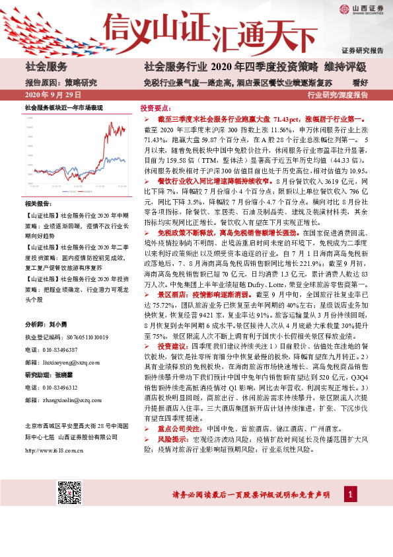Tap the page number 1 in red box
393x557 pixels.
pyautogui.click(x=349, y=493)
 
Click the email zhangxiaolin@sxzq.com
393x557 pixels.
pyautogui.click(x=71, y=399)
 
